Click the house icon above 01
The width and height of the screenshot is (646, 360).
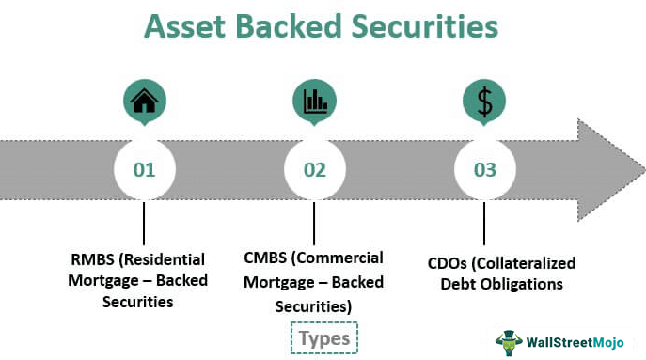tap(144, 101)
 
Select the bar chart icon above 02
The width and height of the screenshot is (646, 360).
tap(314, 101)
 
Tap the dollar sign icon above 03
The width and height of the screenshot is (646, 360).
tap(484, 101)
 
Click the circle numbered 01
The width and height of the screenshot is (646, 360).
tap(144, 170)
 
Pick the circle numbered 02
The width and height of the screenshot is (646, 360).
tap(314, 170)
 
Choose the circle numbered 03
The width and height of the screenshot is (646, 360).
tap(484, 170)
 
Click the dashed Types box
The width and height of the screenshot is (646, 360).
tap(324, 337)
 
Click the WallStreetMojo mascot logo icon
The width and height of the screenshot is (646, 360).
tap(509, 340)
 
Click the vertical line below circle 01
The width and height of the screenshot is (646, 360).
tap(144, 223)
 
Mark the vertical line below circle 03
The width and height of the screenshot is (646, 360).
tap(484, 223)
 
